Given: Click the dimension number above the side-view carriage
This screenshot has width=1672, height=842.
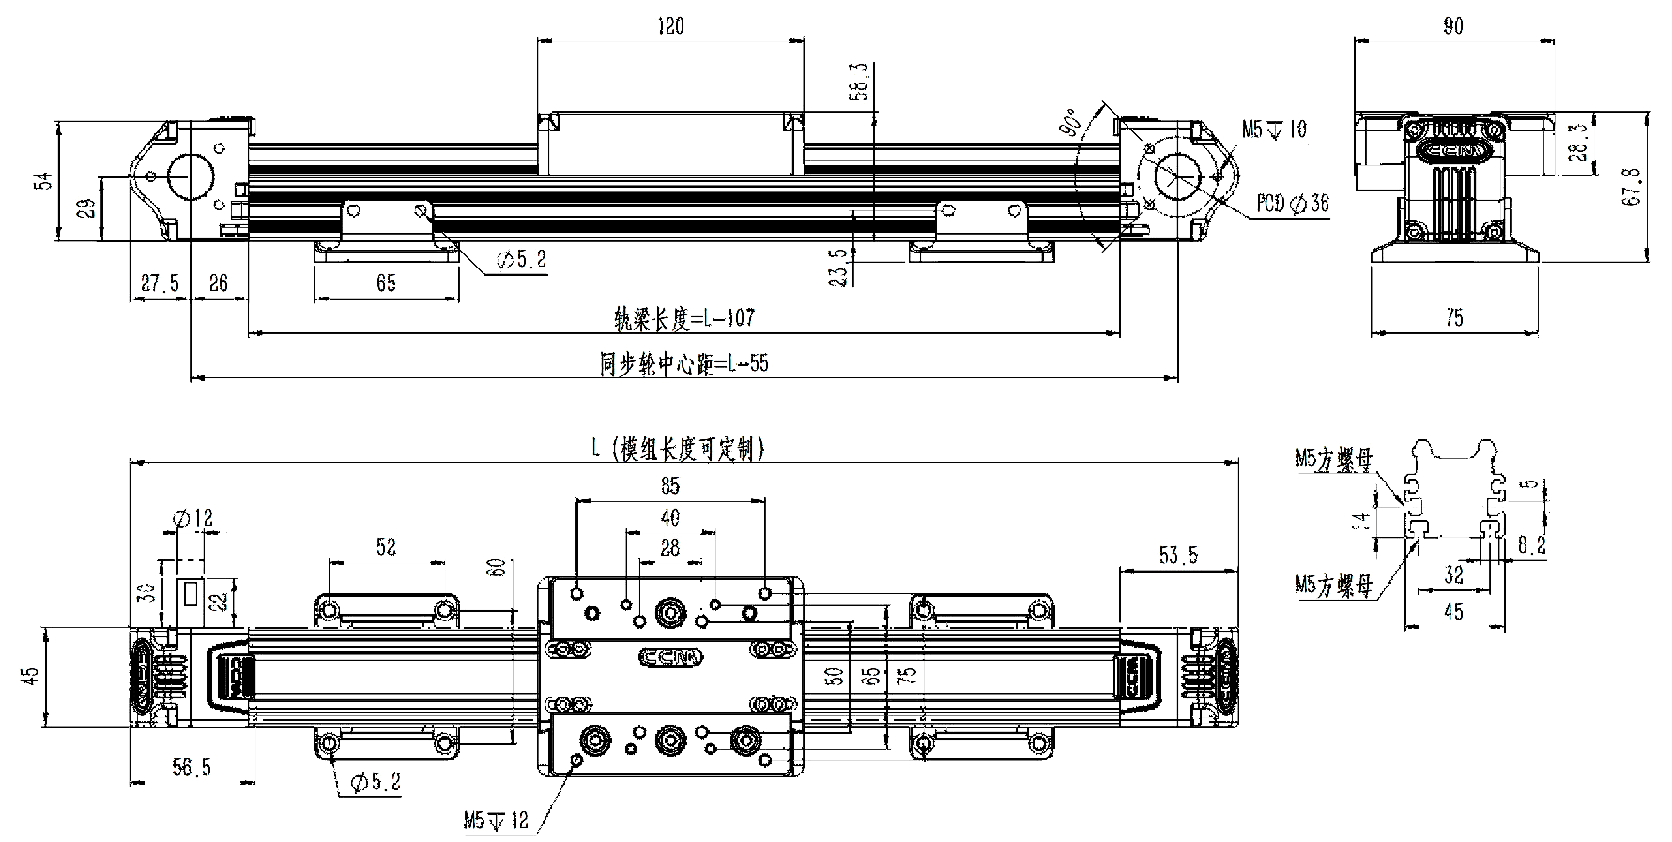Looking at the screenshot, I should click(668, 28).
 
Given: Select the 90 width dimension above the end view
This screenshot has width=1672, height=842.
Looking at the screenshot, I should click(1454, 28).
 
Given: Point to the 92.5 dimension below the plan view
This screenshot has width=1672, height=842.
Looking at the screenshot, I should click(192, 772).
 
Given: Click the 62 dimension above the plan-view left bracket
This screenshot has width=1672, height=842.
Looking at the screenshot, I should click(385, 545).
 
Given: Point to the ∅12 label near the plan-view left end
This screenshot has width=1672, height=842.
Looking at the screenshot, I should click(197, 517).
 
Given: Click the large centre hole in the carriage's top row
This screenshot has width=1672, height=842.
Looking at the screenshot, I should click(670, 610).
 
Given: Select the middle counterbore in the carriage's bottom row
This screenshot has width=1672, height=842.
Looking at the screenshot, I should click(670, 740).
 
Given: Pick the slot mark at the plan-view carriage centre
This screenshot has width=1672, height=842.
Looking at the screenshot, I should click(670, 659).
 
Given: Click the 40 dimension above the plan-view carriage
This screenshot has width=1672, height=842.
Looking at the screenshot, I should click(670, 517).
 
